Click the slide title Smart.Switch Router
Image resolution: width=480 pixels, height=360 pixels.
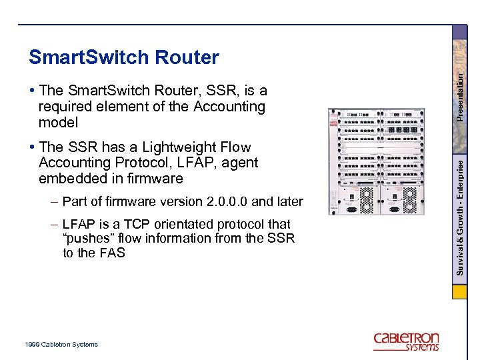[123, 58]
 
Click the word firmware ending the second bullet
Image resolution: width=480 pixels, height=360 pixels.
[157, 179]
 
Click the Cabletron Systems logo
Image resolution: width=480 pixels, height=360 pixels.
[406, 341]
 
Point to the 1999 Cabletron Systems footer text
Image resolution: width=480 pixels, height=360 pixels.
[60, 344]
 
